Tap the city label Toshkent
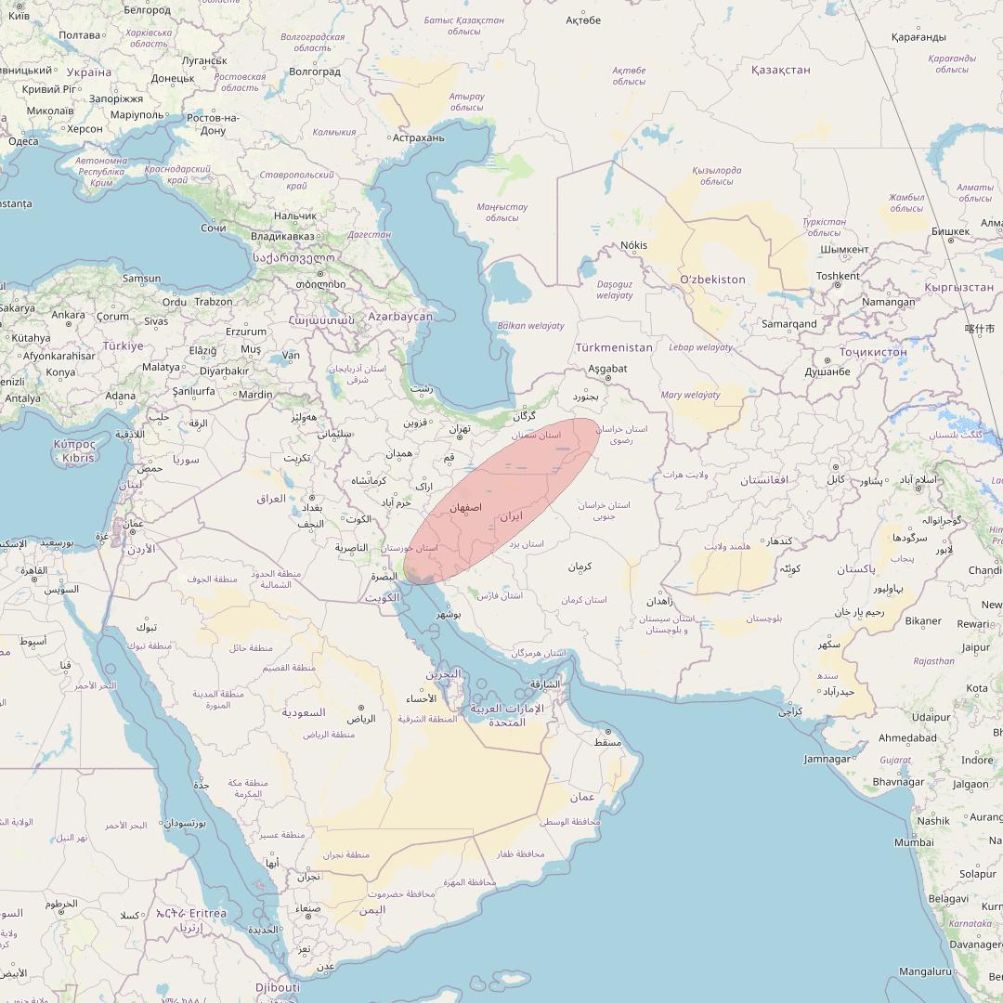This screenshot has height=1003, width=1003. point(838,276)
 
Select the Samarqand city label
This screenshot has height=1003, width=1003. point(788,324)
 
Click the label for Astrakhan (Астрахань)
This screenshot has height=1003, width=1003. point(418,138)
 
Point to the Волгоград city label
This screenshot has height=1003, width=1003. point(315,72)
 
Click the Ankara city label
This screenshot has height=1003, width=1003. point(68,315)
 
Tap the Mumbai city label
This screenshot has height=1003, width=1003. point(914,842)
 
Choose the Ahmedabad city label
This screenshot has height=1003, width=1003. point(907,738)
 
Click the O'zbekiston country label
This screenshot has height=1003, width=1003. point(712,280)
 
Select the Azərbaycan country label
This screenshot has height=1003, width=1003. point(400,317)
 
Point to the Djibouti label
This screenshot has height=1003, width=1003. point(278,987)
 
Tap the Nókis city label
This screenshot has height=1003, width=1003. point(634,246)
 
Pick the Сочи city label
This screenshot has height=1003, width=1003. point(213,228)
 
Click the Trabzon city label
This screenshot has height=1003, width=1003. point(214,302)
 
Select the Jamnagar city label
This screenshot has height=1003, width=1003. point(827,759)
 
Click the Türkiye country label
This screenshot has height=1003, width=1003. point(123,345)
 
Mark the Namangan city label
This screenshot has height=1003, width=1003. point(888,302)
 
